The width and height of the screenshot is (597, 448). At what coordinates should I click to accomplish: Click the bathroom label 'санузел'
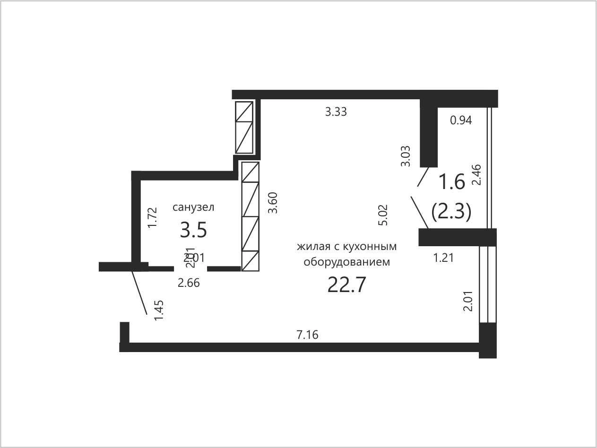(x=193, y=207)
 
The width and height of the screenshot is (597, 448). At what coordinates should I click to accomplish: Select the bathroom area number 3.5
(x=193, y=230)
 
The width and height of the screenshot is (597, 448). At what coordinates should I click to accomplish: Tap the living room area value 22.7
(x=346, y=284)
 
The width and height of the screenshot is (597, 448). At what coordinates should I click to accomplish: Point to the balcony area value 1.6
(x=452, y=182)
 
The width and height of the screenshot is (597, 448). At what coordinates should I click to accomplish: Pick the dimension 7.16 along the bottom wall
(x=307, y=335)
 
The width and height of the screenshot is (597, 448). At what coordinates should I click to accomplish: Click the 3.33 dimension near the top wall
(x=336, y=112)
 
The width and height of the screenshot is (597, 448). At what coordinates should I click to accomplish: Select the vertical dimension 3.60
(x=273, y=203)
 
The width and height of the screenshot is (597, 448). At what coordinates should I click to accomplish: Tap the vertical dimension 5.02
(x=383, y=215)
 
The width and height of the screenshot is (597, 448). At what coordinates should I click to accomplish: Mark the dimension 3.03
(x=406, y=156)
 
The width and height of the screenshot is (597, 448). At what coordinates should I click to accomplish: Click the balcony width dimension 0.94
(x=461, y=120)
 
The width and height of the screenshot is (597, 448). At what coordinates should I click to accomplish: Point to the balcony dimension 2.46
(x=477, y=175)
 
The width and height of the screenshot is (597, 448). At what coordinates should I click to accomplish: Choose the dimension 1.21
(x=443, y=258)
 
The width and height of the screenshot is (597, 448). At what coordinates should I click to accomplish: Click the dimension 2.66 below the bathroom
(x=189, y=283)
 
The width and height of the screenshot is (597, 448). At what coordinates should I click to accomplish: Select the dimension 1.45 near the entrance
(x=158, y=310)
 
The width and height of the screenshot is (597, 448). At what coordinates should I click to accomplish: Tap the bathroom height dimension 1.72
(x=152, y=218)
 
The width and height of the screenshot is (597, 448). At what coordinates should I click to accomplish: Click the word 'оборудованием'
(x=347, y=262)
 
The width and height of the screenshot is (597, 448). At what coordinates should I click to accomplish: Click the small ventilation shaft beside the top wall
(x=244, y=128)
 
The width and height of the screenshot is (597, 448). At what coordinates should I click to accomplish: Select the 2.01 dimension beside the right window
(x=468, y=301)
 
